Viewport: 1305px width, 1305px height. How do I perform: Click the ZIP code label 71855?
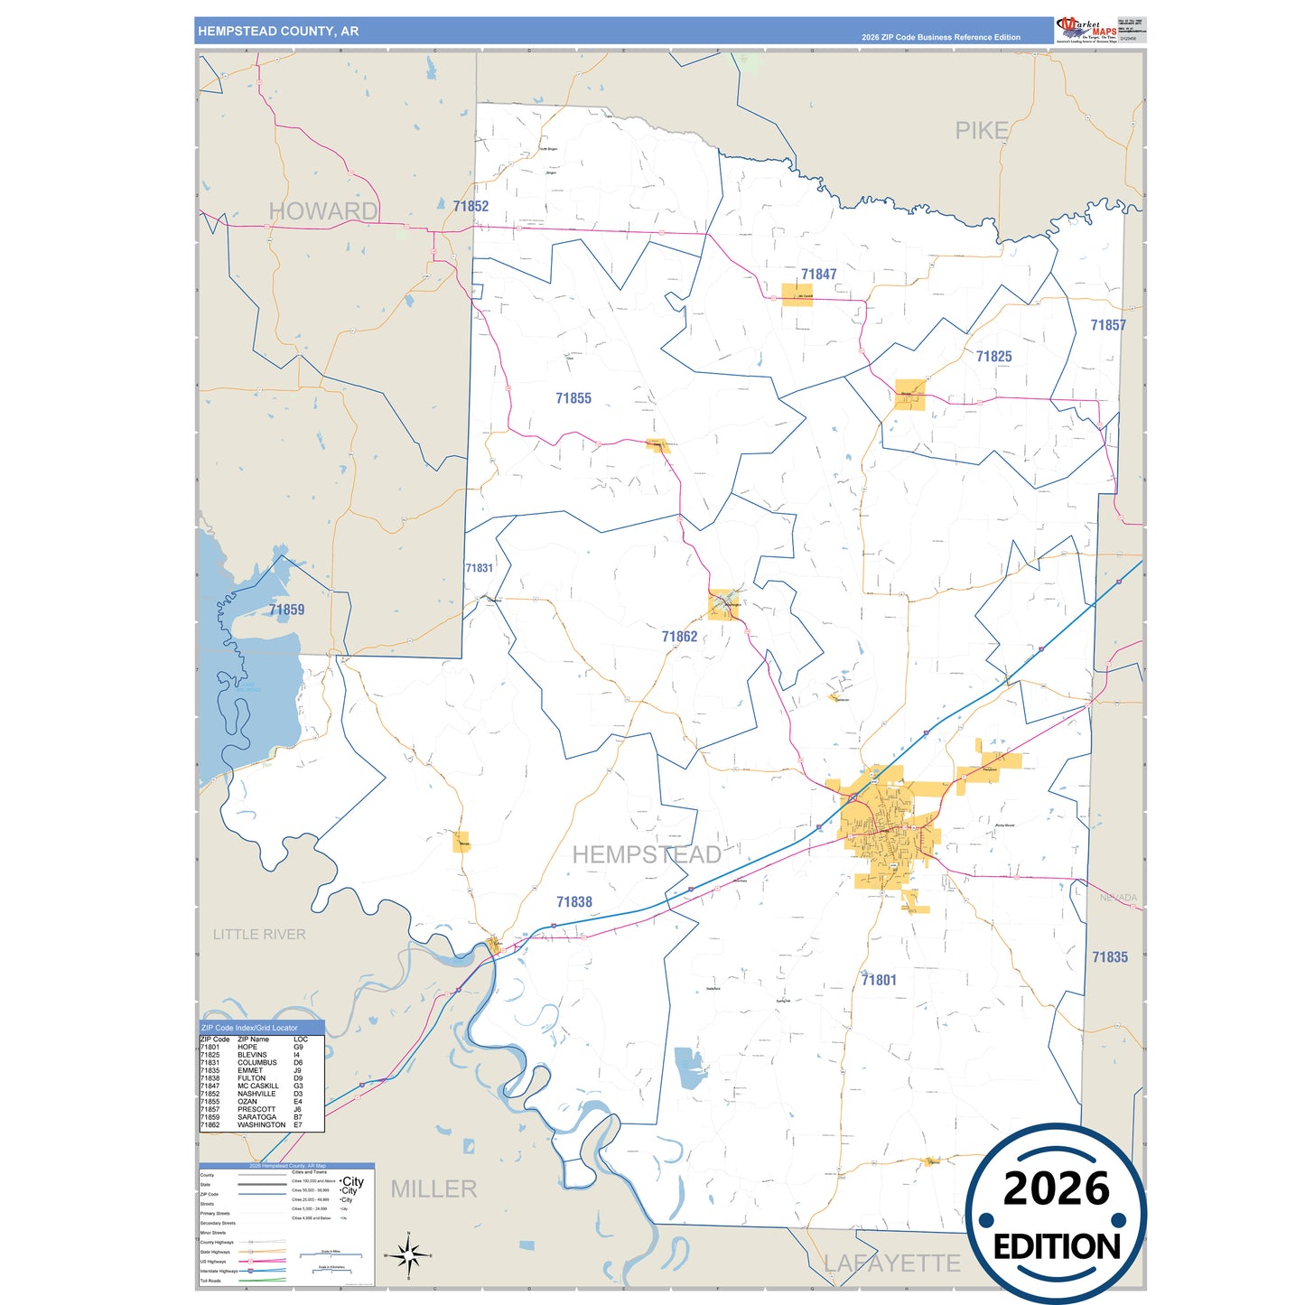pos(573,398)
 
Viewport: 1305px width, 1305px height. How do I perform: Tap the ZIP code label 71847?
pos(818,275)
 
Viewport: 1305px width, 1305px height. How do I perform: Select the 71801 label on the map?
pos(879,980)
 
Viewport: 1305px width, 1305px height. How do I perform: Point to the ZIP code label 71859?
pos(286,610)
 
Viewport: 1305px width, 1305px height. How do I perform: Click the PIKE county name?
pos(982,131)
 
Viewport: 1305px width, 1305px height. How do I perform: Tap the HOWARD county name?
pos(323,211)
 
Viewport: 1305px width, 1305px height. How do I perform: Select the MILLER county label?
pos(433,1189)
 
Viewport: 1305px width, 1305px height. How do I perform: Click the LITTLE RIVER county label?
pos(259,935)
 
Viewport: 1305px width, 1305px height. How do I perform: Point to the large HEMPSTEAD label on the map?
pos(647,854)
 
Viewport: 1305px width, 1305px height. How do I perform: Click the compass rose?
pos(408,1255)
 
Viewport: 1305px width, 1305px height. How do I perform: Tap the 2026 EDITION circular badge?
pos(1056,1215)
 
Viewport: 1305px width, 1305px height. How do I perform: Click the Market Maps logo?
pos(1086,30)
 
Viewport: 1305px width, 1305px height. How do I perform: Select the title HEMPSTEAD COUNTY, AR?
pos(278,32)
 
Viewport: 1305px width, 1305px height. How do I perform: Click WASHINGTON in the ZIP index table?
pos(261,1125)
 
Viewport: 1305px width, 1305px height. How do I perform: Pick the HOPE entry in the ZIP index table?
pos(247,1048)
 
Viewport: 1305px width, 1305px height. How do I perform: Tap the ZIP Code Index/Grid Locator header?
pos(249,1028)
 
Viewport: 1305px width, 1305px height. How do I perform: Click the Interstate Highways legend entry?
pos(219,1271)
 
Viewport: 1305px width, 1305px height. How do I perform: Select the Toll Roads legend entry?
pos(210,1281)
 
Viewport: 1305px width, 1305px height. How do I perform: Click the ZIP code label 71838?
pos(574,902)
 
